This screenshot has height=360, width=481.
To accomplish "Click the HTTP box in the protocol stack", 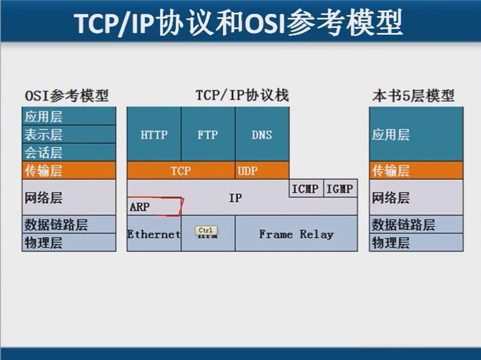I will [154, 135].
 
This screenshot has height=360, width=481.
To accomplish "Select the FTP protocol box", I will [208, 135].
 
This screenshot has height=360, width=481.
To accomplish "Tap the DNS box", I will [262, 135].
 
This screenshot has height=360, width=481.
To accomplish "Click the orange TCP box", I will [180, 171].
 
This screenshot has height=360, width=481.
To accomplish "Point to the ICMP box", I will [305, 189].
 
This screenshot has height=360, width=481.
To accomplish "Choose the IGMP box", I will [340, 189].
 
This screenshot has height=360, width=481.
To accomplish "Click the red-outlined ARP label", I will [155, 207].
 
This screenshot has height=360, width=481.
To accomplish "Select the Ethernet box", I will [154, 234].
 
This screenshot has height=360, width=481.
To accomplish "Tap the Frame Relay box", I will [296, 234].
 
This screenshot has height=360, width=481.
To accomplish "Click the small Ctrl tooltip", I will [205, 230].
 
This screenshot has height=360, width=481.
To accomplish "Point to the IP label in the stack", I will [235, 197].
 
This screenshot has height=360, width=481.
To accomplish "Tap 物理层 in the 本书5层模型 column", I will [391, 243].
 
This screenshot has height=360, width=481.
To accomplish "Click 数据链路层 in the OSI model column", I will [56, 225].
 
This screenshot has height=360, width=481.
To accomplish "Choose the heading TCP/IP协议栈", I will [242, 95].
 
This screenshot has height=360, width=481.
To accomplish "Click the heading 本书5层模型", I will [413, 95].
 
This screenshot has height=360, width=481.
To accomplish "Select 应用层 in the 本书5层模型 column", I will [391, 134].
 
